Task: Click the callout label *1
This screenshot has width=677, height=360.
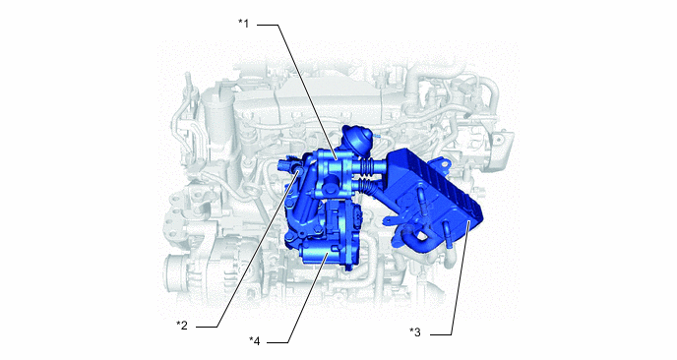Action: pyautogui.click(x=244, y=24)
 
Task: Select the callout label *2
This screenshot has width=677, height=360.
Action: pyautogui.click(x=182, y=325)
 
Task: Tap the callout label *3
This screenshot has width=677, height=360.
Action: pyautogui.click(x=414, y=332)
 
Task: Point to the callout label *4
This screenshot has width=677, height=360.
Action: pyautogui.click(x=255, y=341)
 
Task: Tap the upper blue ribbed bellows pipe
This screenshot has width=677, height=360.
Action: pyautogui.click(x=368, y=166)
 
